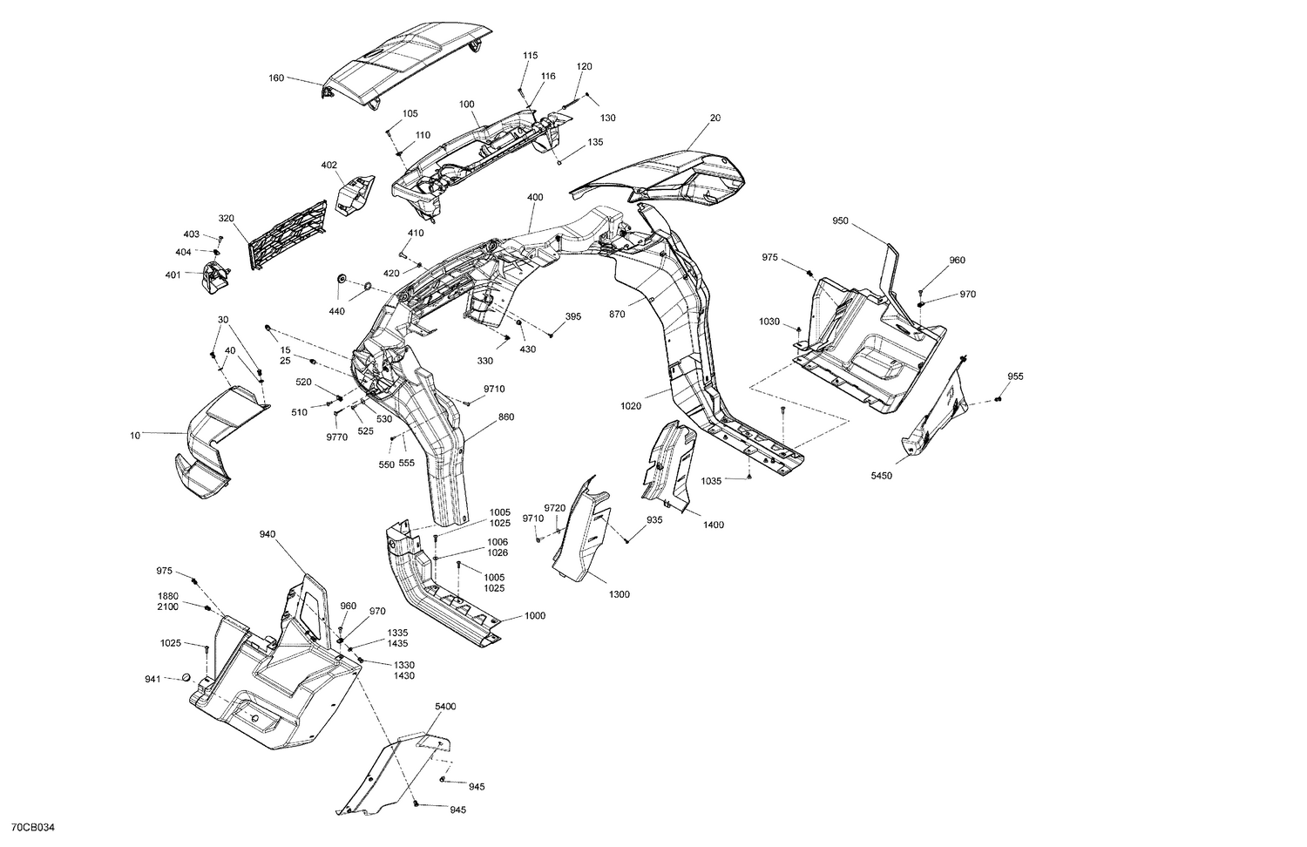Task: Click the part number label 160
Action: point(276,78)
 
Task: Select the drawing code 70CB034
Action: point(34,826)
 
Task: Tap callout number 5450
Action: point(882,477)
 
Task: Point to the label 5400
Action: point(444,706)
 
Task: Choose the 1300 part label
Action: point(619,594)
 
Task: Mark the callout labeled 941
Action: point(152,679)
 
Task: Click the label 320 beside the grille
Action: point(227,218)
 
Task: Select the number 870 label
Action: point(617,314)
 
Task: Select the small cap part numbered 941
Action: point(185,678)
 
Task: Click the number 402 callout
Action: point(328,165)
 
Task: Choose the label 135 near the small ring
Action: point(595,142)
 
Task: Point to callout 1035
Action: point(711,479)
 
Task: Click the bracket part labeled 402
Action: point(354,193)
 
